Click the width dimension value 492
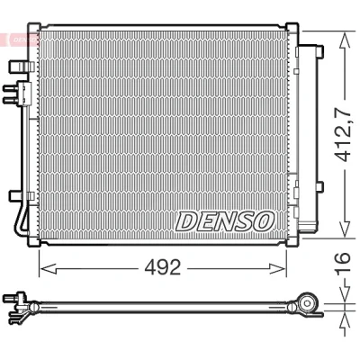(163, 267)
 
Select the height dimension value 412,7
(343, 132)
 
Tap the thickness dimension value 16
(343, 264)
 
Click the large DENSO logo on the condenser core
(225, 221)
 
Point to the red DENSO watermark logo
(20, 40)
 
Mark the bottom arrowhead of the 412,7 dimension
(345, 229)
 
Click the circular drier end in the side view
(307, 303)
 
